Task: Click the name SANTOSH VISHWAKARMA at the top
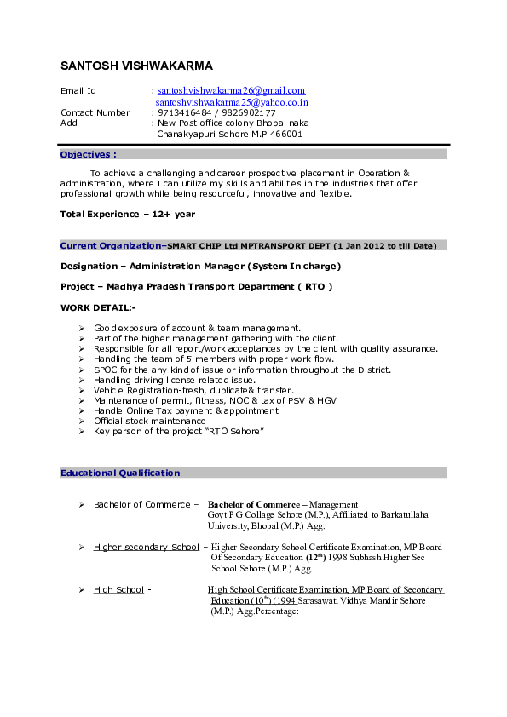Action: click(x=136, y=66)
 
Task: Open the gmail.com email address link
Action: click(x=231, y=90)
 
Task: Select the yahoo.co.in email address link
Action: click(x=231, y=102)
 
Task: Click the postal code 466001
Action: click(x=285, y=134)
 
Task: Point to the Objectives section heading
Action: click(x=88, y=155)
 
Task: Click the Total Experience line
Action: click(x=128, y=214)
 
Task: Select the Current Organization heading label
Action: click(x=112, y=245)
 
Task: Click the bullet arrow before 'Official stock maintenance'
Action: click(x=80, y=421)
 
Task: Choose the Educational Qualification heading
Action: click(x=120, y=473)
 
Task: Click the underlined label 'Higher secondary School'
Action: click(x=146, y=547)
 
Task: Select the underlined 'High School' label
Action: click(x=118, y=589)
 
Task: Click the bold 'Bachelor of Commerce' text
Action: click(x=254, y=504)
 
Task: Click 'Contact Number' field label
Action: click(x=95, y=112)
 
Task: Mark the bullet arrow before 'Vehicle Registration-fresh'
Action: click(x=80, y=390)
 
